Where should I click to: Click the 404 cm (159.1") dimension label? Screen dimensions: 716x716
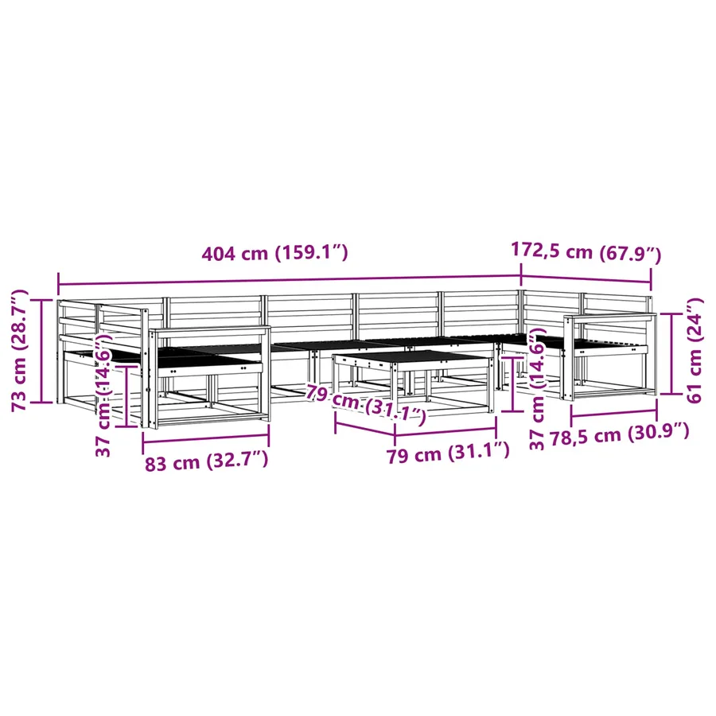(275, 252)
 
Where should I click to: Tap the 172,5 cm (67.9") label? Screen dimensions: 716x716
(586, 252)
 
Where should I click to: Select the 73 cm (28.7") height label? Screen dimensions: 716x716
(20, 350)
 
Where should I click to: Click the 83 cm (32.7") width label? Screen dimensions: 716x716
(206, 461)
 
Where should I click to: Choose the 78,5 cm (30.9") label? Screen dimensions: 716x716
(619, 434)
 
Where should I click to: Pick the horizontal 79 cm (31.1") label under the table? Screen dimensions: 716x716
(448, 453)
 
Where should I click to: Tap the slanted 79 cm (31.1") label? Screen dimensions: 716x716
(366, 404)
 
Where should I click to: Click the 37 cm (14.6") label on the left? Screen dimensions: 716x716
(103, 395)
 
